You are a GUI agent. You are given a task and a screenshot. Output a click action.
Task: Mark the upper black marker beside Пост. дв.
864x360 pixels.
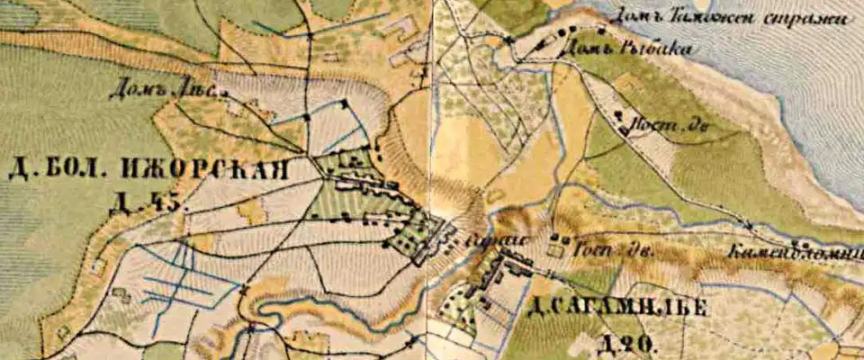click(617, 114)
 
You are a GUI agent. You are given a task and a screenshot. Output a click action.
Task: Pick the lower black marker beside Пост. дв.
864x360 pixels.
click(624, 130)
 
